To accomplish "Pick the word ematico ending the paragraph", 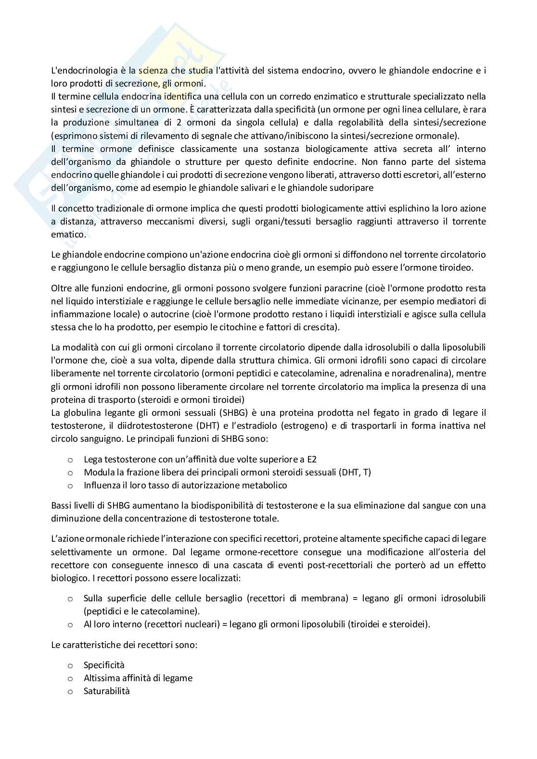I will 68,235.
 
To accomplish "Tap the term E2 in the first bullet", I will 312,459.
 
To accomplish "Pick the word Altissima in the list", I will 102,678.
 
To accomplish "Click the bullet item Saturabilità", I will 107,691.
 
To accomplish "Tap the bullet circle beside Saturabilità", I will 70,692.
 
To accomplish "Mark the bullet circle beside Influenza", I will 70,485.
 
